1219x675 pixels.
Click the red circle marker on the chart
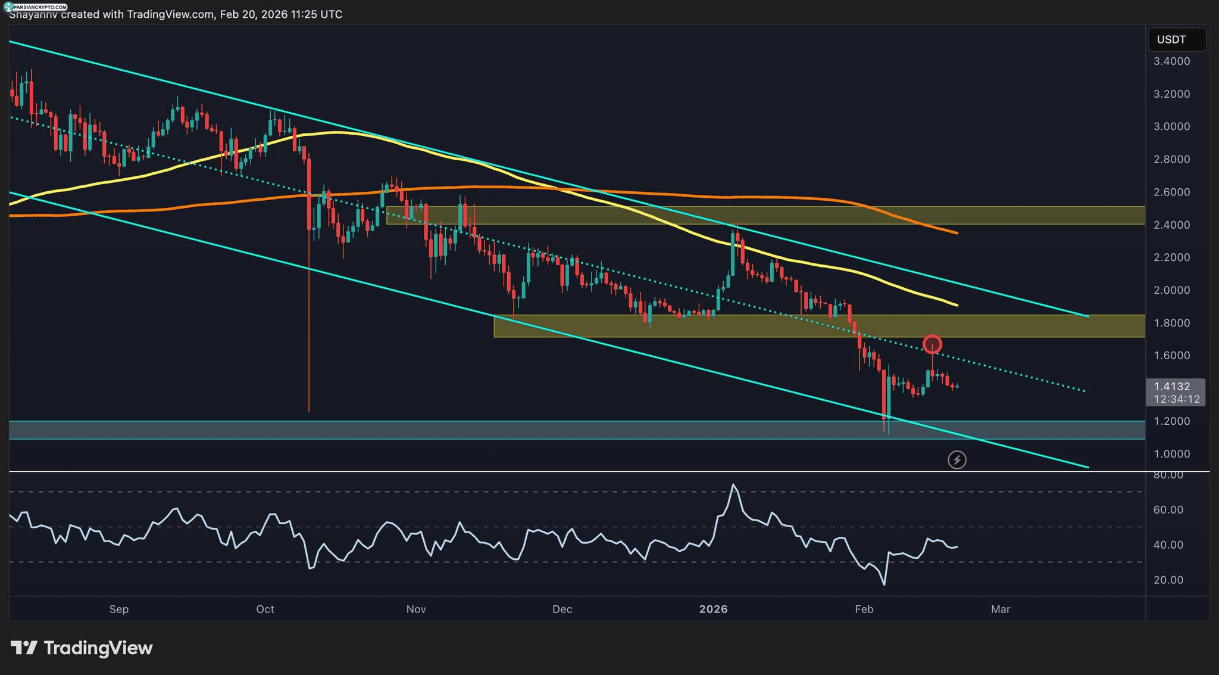[x=932, y=344]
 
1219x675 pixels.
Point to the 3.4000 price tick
[x=1172, y=61]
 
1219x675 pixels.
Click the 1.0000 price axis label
[x=1172, y=454]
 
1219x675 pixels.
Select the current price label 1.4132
[x=1172, y=387]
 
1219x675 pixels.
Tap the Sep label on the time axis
[x=119, y=609]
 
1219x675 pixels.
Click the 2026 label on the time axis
[x=713, y=609]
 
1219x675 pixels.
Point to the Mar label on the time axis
[x=1001, y=609]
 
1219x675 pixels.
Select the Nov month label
[x=416, y=609]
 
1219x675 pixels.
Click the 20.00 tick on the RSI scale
[x=1168, y=580]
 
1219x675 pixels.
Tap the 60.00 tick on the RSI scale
[x=1168, y=510]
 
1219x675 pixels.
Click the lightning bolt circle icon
[x=957, y=460]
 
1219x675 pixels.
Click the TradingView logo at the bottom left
[x=82, y=648]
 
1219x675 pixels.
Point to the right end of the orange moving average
[x=957, y=233]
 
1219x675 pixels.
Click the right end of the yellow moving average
[x=957, y=305]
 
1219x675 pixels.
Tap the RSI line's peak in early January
[x=734, y=485]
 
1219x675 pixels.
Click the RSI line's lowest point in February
[x=884, y=584]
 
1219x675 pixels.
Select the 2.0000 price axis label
[x=1172, y=290]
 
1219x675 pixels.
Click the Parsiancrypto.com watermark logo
[x=36, y=7]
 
